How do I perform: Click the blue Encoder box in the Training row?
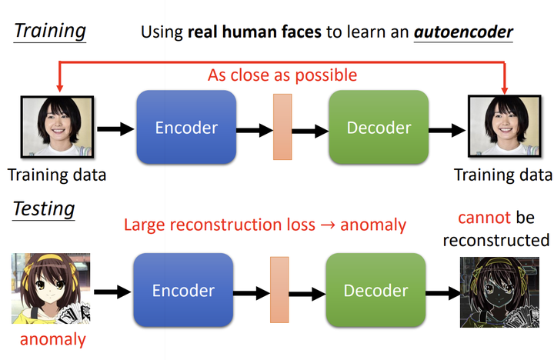point(185,127)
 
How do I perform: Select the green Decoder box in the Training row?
point(377,127)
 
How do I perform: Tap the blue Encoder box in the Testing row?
point(183,290)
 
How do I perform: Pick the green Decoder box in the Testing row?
point(375,290)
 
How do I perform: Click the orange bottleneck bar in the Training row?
point(282,126)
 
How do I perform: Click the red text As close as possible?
point(282,75)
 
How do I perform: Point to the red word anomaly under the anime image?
point(52,338)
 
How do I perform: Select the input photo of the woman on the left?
point(56,128)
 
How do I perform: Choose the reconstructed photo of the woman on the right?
point(502,128)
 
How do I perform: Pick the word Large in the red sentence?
point(145,225)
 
